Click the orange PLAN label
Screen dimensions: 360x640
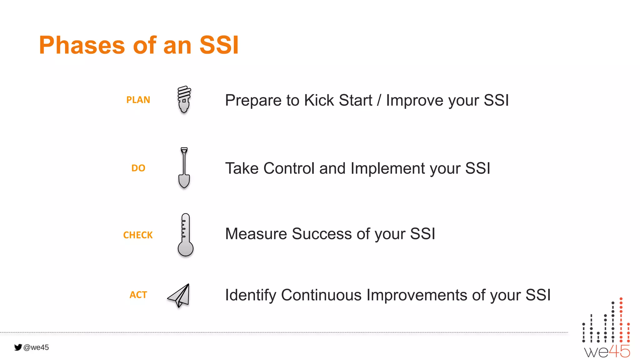point(138,100)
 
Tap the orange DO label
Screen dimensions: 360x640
point(138,168)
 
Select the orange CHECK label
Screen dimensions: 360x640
point(138,235)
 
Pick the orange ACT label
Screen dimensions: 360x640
point(138,295)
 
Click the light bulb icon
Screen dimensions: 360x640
point(184,99)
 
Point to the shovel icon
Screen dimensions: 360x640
point(184,168)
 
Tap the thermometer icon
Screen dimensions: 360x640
point(185,235)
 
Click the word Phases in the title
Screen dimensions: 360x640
point(82,45)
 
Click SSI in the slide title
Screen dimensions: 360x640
point(219,45)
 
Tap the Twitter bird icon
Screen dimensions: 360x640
point(18,347)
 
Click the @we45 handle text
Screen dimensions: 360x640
point(36,347)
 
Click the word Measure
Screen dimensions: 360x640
point(256,234)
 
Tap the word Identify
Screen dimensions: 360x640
point(250,295)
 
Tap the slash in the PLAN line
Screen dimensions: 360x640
point(379,101)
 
